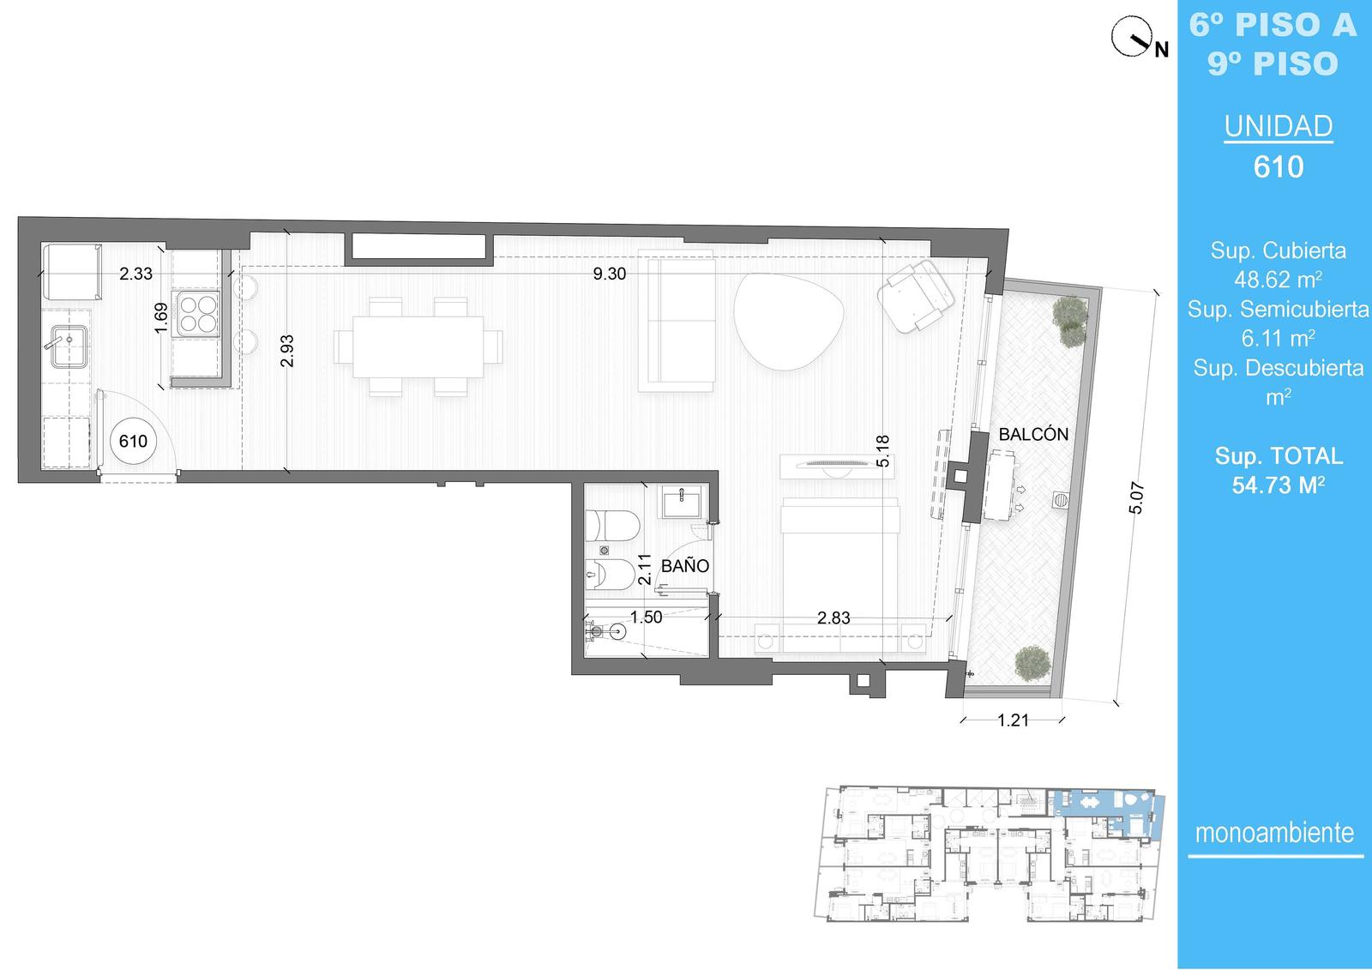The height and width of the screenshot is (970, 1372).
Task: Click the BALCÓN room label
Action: tap(1033, 434)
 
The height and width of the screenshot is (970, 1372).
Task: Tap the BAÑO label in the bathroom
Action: tap(685, 565)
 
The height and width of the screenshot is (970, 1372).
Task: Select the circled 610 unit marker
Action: tap(133, 441)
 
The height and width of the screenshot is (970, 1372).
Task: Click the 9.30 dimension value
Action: tap(610, 274)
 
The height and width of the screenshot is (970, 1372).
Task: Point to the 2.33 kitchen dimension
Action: tap(135, 274)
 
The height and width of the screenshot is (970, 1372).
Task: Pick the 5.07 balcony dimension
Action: tap(1136, 497)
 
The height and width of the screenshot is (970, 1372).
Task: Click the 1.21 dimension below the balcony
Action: tap(1013, 720)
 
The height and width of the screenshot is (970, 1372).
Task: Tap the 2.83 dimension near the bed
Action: tap(833, 618)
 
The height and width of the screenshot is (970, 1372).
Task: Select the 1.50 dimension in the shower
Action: tap(647, 617)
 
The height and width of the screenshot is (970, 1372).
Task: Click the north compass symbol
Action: tap(1132, 38)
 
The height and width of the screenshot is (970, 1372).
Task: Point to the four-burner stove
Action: tap(196, 313)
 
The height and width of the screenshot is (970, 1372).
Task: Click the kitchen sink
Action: tap(68, 346)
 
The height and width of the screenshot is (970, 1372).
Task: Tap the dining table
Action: tap(418, 346)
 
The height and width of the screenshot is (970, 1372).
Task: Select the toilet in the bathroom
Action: tap(612, 526)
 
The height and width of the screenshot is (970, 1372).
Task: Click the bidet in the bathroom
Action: tap(610, 575)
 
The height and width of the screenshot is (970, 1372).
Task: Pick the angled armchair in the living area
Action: tap(916, 296)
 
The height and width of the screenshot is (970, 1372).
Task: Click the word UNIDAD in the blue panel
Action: tap(1279, 126)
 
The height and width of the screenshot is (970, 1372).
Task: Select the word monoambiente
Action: tap(1274, 833)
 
